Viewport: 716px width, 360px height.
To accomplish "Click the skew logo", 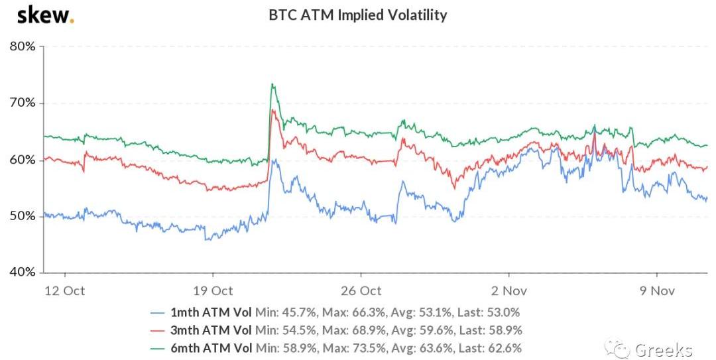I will point(45,15).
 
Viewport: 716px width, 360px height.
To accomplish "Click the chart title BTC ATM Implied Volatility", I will point(357,15).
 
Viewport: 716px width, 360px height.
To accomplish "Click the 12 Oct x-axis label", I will point(64,290).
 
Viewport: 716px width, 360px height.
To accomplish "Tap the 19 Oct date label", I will point(213,290).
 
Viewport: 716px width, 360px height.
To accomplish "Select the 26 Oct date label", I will point(361,290).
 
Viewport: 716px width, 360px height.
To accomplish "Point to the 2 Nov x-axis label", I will point(508,290).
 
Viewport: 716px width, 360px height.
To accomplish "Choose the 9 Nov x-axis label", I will point(657,290).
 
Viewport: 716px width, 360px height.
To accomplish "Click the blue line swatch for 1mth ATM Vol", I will point(157,312).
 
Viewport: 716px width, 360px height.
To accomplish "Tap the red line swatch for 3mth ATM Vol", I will point(157,330).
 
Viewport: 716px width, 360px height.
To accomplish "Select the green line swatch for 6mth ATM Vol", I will point(157,348).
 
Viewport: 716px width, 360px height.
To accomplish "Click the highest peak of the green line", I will point(272,84).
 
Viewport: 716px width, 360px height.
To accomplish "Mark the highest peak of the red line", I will point(272,110).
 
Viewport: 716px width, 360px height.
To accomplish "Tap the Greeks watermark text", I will point(663,349).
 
